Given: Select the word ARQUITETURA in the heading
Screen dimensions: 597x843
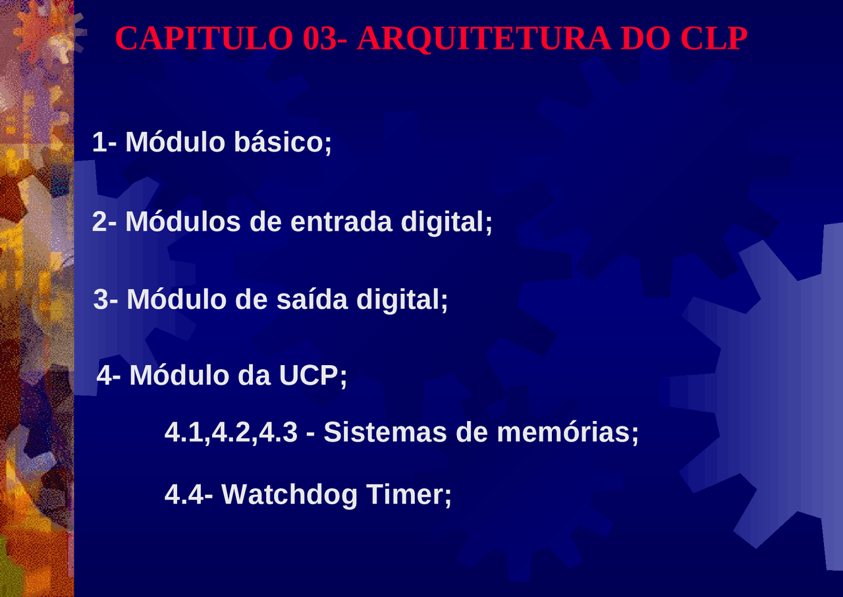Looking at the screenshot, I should click(483, 39).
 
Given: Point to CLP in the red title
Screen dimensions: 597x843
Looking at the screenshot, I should click(714, 39).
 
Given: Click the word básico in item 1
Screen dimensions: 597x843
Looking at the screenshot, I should click(283, 142).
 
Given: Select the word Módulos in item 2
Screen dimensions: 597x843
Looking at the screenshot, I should click(183, 221).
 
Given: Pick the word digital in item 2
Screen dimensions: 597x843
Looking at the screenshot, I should click(446, 221).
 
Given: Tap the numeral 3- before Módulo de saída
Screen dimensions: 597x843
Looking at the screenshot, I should click(106, 299).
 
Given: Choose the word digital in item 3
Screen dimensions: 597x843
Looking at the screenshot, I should click(402, 299).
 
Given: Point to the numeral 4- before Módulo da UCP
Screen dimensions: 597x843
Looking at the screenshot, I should click(109, 376).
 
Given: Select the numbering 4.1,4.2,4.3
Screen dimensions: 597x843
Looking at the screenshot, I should click(231, 432).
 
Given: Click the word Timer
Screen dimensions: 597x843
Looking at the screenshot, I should click(408, 494).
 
